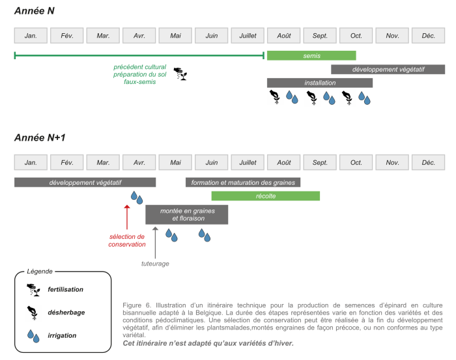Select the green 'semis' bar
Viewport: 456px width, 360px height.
[x=311, y=55]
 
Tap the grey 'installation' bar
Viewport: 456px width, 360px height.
[x=319, y=83]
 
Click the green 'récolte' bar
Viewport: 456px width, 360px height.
[x=265, y=195]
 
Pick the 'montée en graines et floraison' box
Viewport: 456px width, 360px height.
[x=186, y=214]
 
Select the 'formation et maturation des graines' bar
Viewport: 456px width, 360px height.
[x=242, y=182]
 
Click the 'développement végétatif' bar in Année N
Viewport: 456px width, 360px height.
[x=388, y=69]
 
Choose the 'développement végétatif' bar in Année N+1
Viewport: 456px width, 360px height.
[x=85, y=182]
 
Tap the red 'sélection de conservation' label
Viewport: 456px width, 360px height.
[x=127, y=240]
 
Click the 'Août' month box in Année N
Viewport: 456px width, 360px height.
[x=284, y=35]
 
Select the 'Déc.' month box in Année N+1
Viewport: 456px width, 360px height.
[x=428, y=162]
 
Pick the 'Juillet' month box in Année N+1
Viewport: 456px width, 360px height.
[x=248, y=162]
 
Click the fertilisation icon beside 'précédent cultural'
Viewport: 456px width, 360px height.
[x=180, y=74]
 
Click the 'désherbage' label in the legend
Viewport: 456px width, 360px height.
[x=66, y=312]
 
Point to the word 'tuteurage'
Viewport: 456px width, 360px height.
[x=155, y=264]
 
